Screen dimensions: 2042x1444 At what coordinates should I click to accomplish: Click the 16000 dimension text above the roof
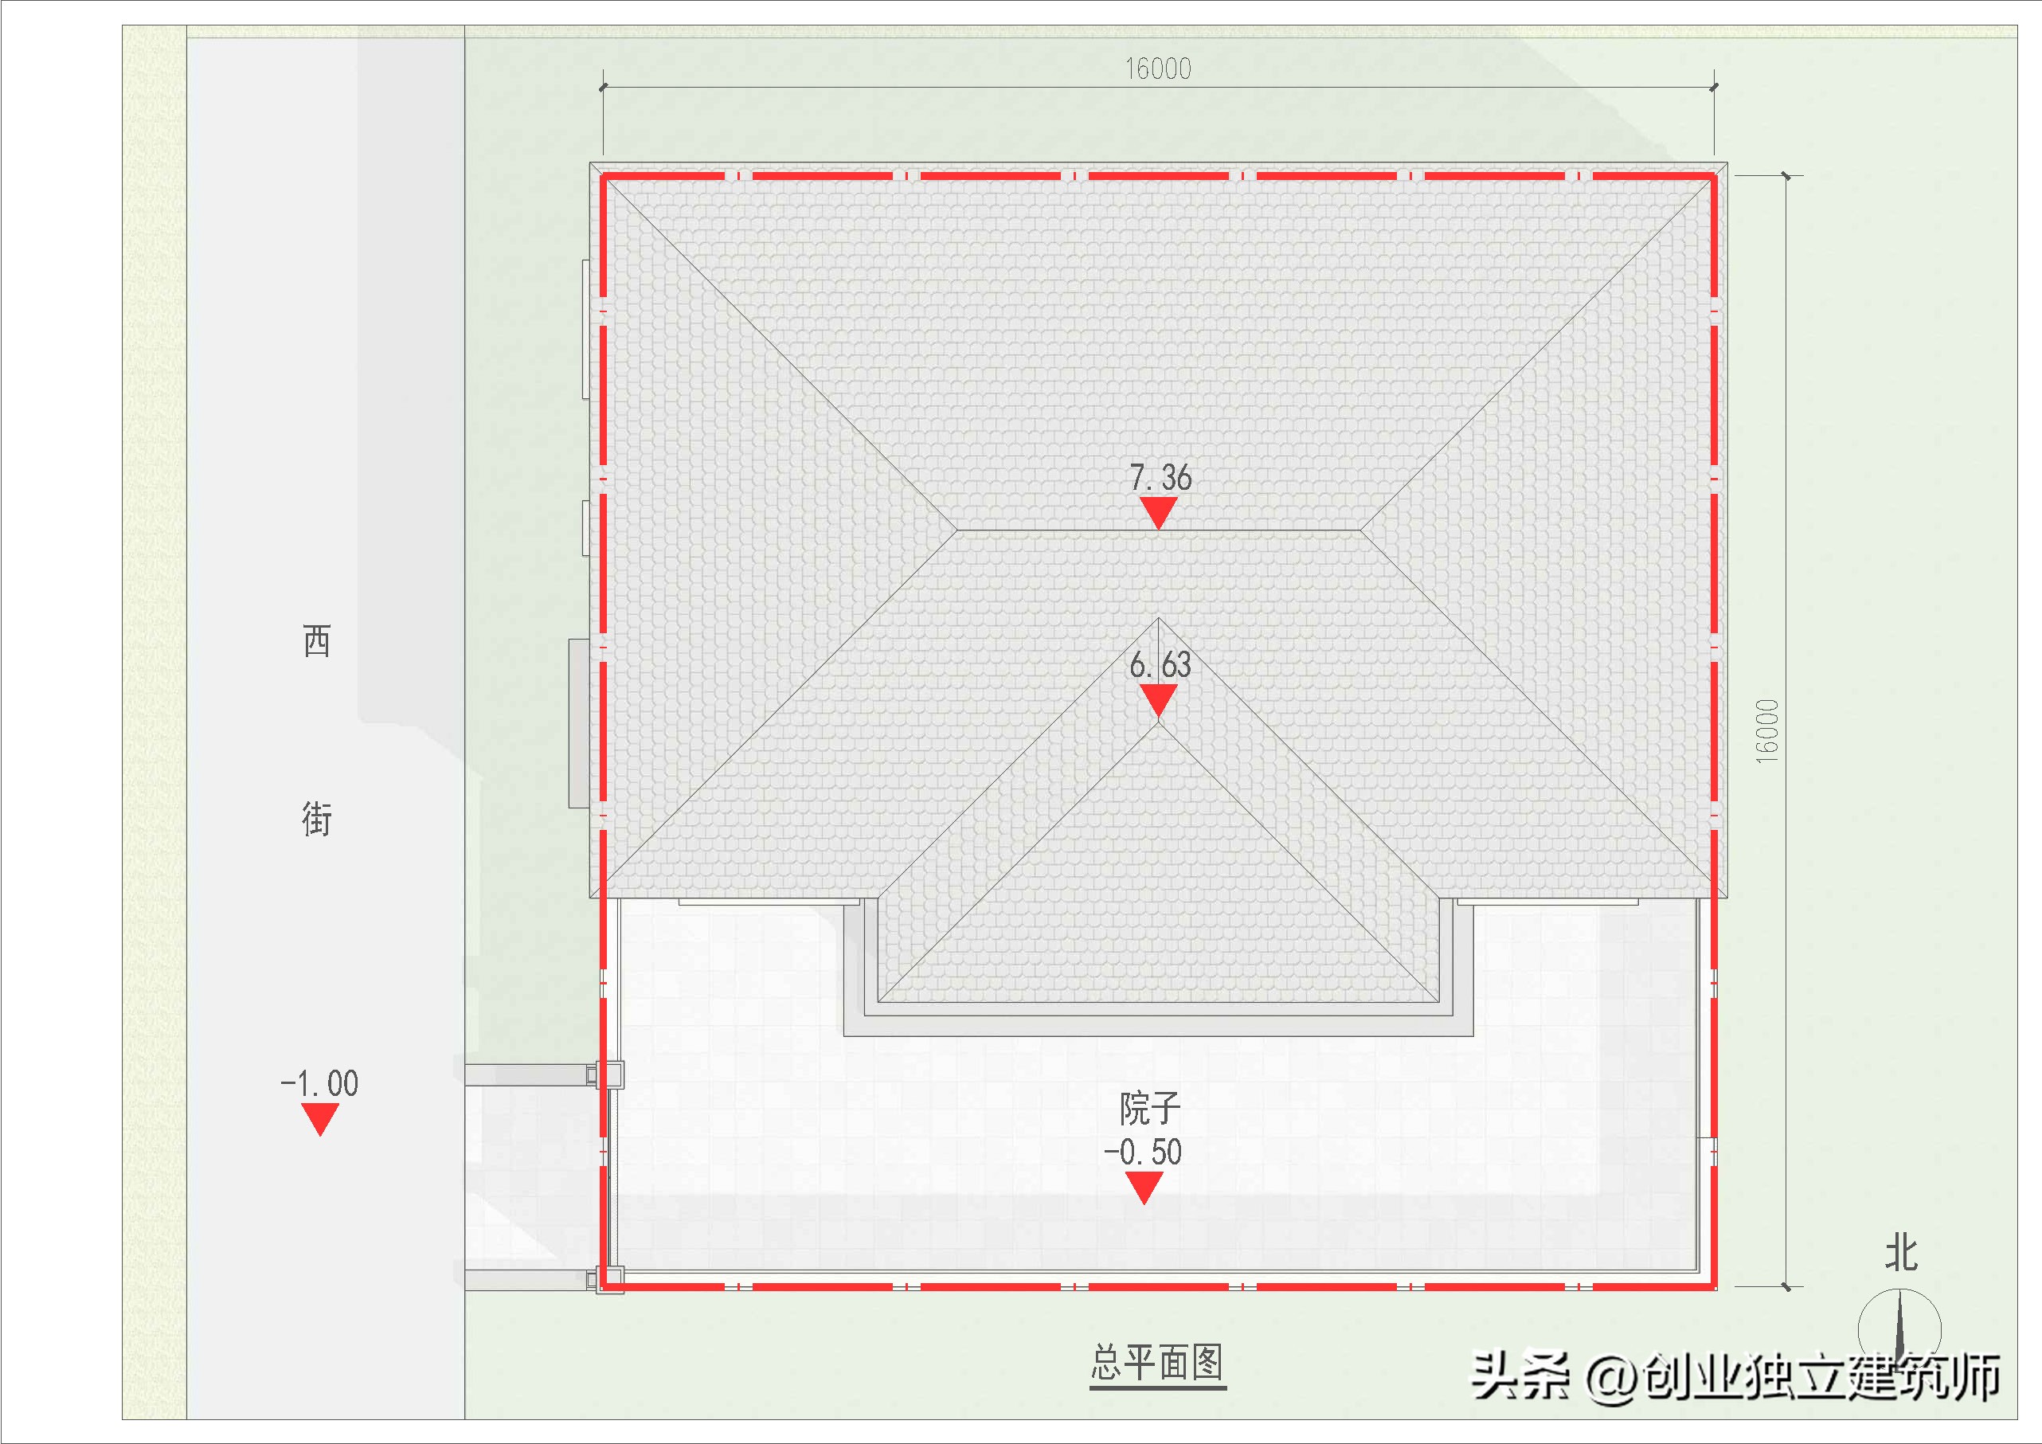1157,68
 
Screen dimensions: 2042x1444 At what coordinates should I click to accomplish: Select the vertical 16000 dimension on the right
1767,730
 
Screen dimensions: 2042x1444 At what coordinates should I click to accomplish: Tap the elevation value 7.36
1160,478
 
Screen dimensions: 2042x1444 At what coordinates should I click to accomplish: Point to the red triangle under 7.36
1158,511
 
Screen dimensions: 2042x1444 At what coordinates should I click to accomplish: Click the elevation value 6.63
1160,664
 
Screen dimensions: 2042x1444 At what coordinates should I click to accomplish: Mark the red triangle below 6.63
1158,699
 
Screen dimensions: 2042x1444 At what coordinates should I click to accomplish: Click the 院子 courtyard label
1149,1109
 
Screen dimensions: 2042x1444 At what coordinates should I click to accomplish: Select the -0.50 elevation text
1143,1152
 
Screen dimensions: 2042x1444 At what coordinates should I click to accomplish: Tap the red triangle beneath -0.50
1144,1187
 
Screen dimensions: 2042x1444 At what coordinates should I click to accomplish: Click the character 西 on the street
317,640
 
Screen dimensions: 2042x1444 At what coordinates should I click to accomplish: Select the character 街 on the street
317,819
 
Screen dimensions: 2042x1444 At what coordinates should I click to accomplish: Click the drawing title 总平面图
1157,1362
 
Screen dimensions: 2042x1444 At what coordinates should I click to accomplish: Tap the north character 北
1900,1253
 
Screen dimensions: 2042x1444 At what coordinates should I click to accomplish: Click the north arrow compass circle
1899,1329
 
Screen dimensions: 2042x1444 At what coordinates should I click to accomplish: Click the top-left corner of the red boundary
603,176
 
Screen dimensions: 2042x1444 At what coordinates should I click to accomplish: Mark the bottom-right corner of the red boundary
1714,1286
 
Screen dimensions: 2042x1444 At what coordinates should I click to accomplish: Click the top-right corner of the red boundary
1714,176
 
